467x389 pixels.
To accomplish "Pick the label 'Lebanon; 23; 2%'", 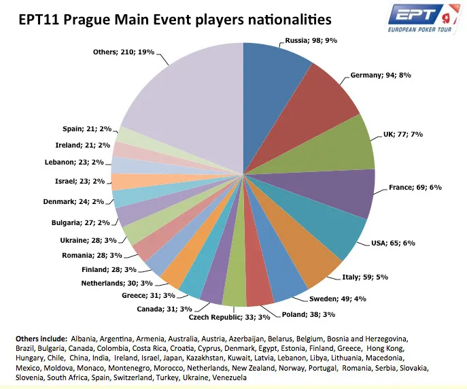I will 83,163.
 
